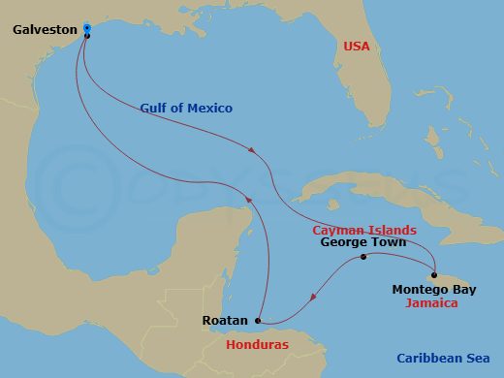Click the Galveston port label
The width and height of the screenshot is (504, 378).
coord(45,30)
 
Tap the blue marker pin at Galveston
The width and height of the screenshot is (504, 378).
coord(87,28)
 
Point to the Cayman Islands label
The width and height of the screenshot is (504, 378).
coord(363,230)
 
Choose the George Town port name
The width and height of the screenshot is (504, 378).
coord(363,243)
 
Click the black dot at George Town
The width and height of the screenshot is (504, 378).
coord(363,258)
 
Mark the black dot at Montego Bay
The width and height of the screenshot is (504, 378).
coord(435,273)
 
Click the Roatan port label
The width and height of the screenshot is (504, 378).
coord(225,320)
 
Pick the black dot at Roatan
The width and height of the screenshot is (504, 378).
coord(258,321)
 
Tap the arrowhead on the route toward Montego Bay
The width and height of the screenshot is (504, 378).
coord(254,151)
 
